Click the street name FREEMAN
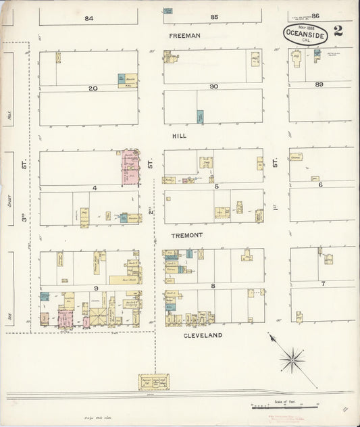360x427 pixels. [185, 35]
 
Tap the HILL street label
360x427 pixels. [178, 136]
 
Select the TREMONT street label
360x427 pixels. [186, 234]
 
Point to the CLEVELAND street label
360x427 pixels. [202, 334]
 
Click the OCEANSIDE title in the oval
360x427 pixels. [301, 32]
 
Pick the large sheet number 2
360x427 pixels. [338, 30]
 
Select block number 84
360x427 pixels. [88, 18]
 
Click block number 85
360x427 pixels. [215, 16]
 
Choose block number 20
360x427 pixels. [93, 88]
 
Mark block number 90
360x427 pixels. [213, 86]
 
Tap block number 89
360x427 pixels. [320, 84]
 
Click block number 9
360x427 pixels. [97, 288]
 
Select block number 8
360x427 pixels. [213, 286]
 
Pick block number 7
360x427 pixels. [323, 283]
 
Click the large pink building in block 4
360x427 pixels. [130, 168]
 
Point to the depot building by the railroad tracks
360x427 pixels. [153, 382]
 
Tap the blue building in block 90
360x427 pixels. [200, 116]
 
